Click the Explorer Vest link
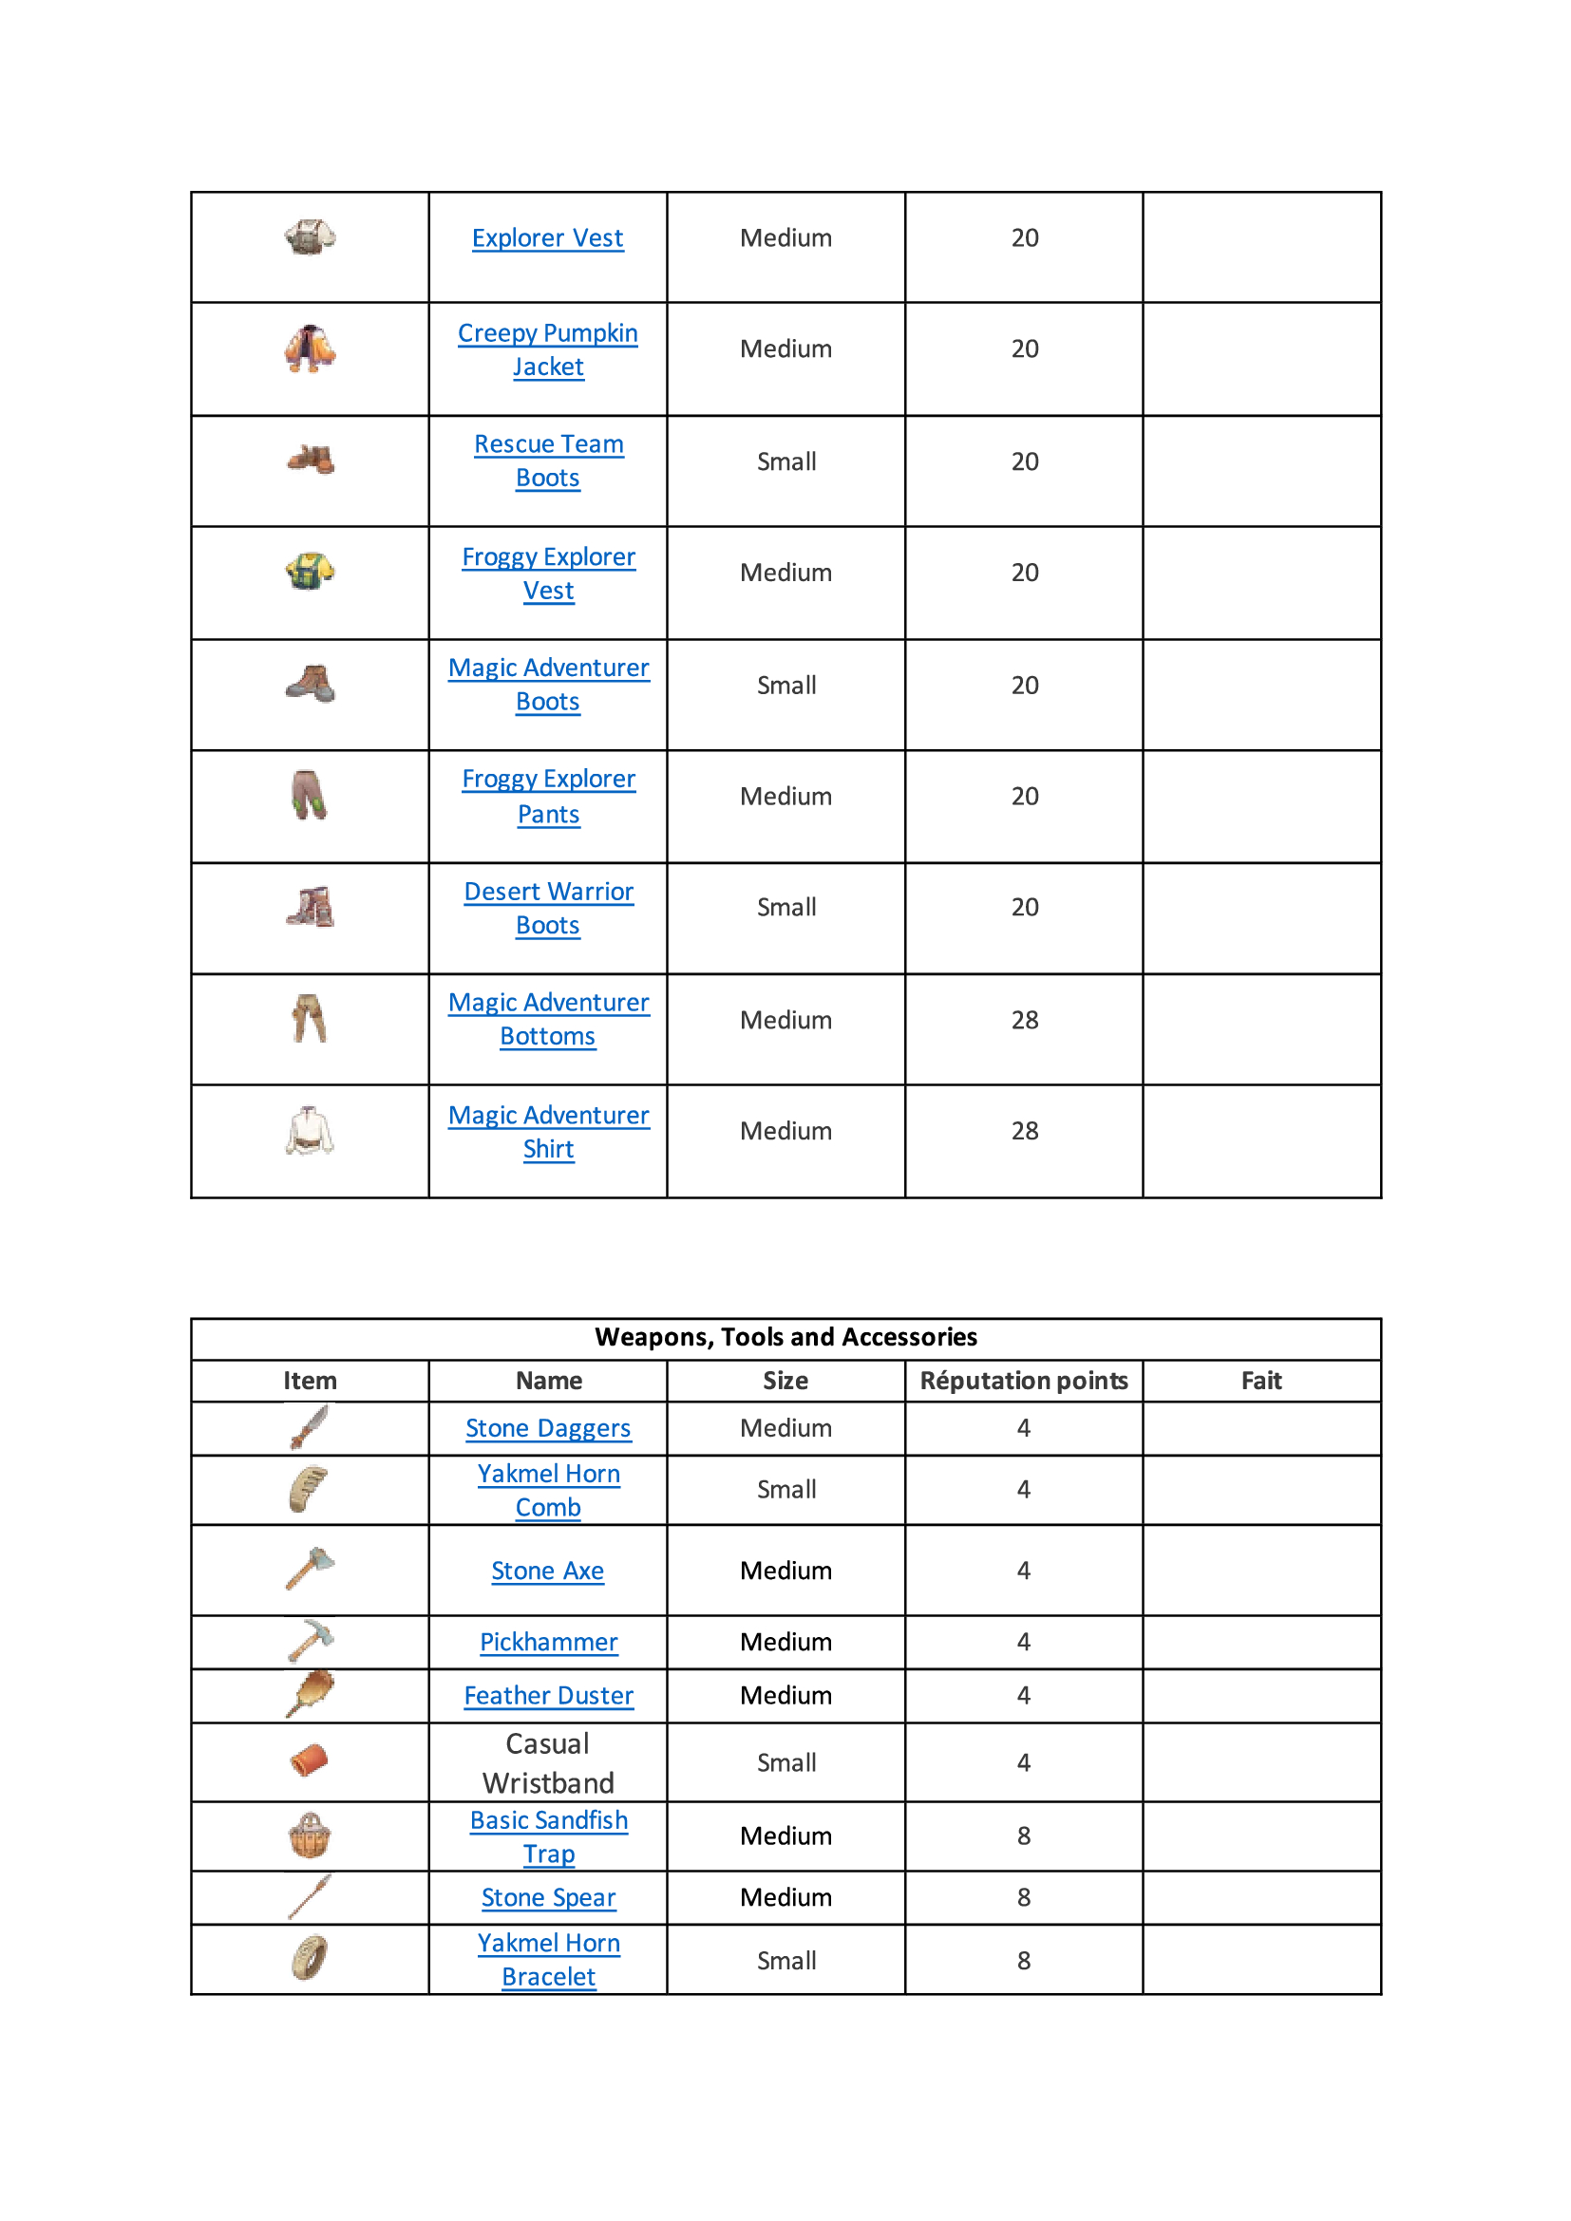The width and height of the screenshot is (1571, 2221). point(547,238)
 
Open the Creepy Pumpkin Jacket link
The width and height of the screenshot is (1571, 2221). point(547,349)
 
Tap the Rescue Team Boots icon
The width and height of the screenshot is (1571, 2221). point(311,460)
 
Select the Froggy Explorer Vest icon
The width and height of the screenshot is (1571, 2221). point(311,571)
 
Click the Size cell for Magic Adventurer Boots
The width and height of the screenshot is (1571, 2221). point(785,686)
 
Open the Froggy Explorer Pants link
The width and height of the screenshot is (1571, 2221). point(547,796)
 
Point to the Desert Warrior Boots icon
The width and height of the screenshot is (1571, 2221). point(311,908)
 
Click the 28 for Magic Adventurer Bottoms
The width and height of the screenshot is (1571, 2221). point(1025,1021)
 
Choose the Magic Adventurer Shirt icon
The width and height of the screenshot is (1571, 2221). point(310,1131)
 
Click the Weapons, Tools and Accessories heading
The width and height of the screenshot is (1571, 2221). point(785,1337)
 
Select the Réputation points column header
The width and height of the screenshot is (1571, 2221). point(1024,1381)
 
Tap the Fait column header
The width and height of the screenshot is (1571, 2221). point(1261,1381)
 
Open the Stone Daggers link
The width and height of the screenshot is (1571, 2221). point(547,1428)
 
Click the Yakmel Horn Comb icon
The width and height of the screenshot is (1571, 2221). point(309,1489)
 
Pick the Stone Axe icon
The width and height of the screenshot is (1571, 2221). point(310,1568)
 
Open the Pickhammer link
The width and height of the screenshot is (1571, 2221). point(547,1642)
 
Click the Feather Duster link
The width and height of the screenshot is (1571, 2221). point(547,1696)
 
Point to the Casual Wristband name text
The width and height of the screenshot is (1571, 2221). point(547,1762)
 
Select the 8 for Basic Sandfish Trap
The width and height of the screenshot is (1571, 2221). point(1024,1836)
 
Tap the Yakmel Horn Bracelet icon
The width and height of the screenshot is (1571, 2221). point(310,1959)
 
